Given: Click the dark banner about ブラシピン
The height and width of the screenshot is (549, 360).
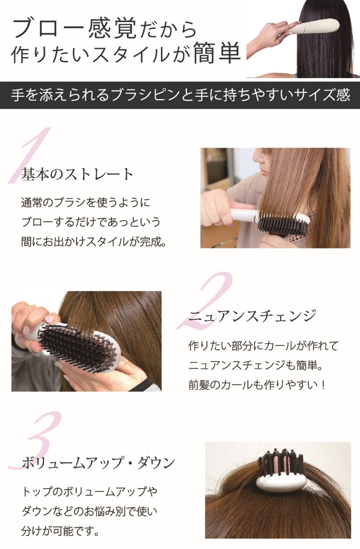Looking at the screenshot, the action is point(180,95).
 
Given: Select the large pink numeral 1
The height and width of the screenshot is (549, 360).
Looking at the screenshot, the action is point(30,155).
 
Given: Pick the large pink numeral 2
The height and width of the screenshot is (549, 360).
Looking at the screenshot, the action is point(206,301).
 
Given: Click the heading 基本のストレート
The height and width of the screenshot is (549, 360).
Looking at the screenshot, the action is point(77,174).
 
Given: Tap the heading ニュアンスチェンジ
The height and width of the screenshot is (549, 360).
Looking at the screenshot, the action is point(252,316).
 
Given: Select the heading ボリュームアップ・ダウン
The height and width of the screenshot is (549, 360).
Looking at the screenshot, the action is point(98,463).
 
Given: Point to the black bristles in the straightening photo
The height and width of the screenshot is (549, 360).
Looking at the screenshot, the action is point(284,224).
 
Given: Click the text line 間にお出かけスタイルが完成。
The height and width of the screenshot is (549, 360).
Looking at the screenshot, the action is point(94,241).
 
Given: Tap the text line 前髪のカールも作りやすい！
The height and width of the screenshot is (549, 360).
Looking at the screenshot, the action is point(257,385).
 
